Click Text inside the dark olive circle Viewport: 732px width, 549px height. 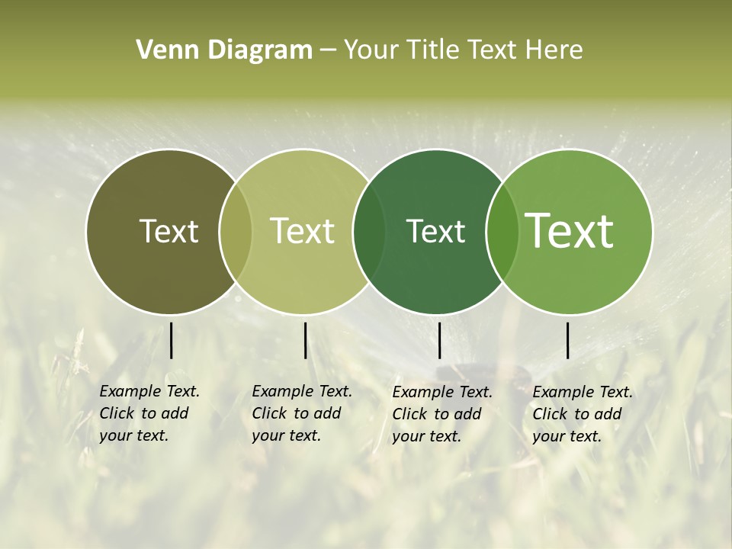(x=169, y=231)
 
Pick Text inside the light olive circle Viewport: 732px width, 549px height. (x=302, y=231)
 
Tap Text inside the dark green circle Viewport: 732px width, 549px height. (x=435, y=231)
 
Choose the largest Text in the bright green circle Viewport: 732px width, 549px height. (x=570, y=231)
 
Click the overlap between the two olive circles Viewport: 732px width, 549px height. (x=236, y=232)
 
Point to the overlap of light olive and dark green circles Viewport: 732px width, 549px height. (x=369, y=232)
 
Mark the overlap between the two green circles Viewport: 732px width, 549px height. (x=502, y=232)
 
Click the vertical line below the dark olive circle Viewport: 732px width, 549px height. (x=171, y=340)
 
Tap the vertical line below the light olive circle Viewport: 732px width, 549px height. (x=305, y=340)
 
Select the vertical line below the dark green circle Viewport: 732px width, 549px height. (x=439, y=340)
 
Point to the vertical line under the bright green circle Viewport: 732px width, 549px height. (x=567, y=340)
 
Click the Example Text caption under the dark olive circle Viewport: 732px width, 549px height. (x=149, y=413)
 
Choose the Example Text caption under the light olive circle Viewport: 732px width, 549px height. (x=301, y=413)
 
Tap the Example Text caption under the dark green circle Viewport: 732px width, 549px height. (x=441, y=414)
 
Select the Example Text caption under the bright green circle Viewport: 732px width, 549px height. (x=582, y=414)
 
